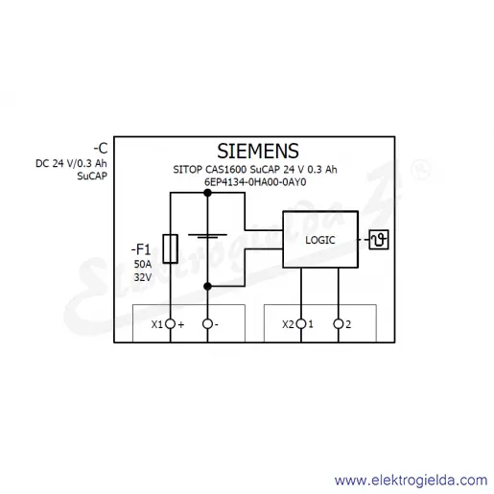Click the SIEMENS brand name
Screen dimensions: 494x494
click(x=258, y=151)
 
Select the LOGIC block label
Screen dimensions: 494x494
click(x=320, y=240)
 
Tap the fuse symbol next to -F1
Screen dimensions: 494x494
click(x=171, y=248)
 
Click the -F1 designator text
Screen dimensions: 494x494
click(x=141, y=249)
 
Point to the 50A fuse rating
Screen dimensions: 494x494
click(x=143, y=264)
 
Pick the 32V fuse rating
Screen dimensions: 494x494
click(x=143, y=277)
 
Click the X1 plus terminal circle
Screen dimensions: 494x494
click(x=171, y=324)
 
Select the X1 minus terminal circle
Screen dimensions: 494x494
click(x=207, y=324)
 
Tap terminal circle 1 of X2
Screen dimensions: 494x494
click(x=301, y=324)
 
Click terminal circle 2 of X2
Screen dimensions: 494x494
click(x=339, y=324)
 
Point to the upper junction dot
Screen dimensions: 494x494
click(x=207, y=193)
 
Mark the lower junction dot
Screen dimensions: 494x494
click(x=207, y=286)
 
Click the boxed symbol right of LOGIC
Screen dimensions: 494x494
click(x=379, y=240)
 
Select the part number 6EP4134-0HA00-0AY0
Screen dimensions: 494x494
click(x=255, y=182)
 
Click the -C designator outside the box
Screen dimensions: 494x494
click(x=101, y=149)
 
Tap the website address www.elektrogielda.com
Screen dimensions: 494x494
click(x=411, y=481)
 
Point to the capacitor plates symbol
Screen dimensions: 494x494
click(x=207, y=236)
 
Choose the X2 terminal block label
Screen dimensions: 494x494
click(x=288, y=324)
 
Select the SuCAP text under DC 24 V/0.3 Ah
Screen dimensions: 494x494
click(x=92, y=176)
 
